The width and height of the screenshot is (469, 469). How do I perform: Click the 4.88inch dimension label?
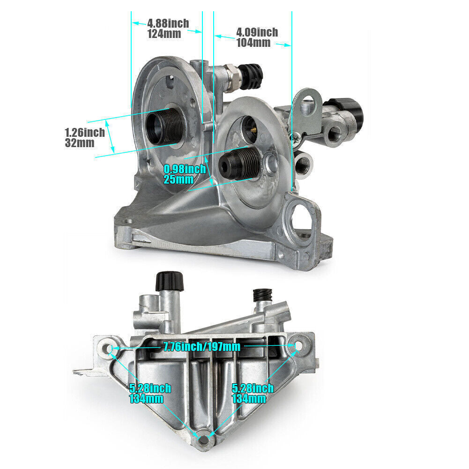click(168, 23)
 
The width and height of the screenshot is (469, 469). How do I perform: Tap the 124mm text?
click(164, 34)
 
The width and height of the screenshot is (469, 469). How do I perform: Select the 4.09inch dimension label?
click(257, 32)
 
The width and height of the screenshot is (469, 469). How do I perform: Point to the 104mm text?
click(253, 43)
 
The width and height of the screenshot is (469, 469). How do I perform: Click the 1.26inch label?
click(85, 133)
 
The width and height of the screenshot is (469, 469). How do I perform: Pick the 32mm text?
click(80, 143)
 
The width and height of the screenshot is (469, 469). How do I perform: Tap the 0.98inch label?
click(185, 169)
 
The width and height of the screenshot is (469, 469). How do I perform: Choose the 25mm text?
click(178, 180)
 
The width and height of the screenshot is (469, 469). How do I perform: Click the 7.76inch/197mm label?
click(201, 347)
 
